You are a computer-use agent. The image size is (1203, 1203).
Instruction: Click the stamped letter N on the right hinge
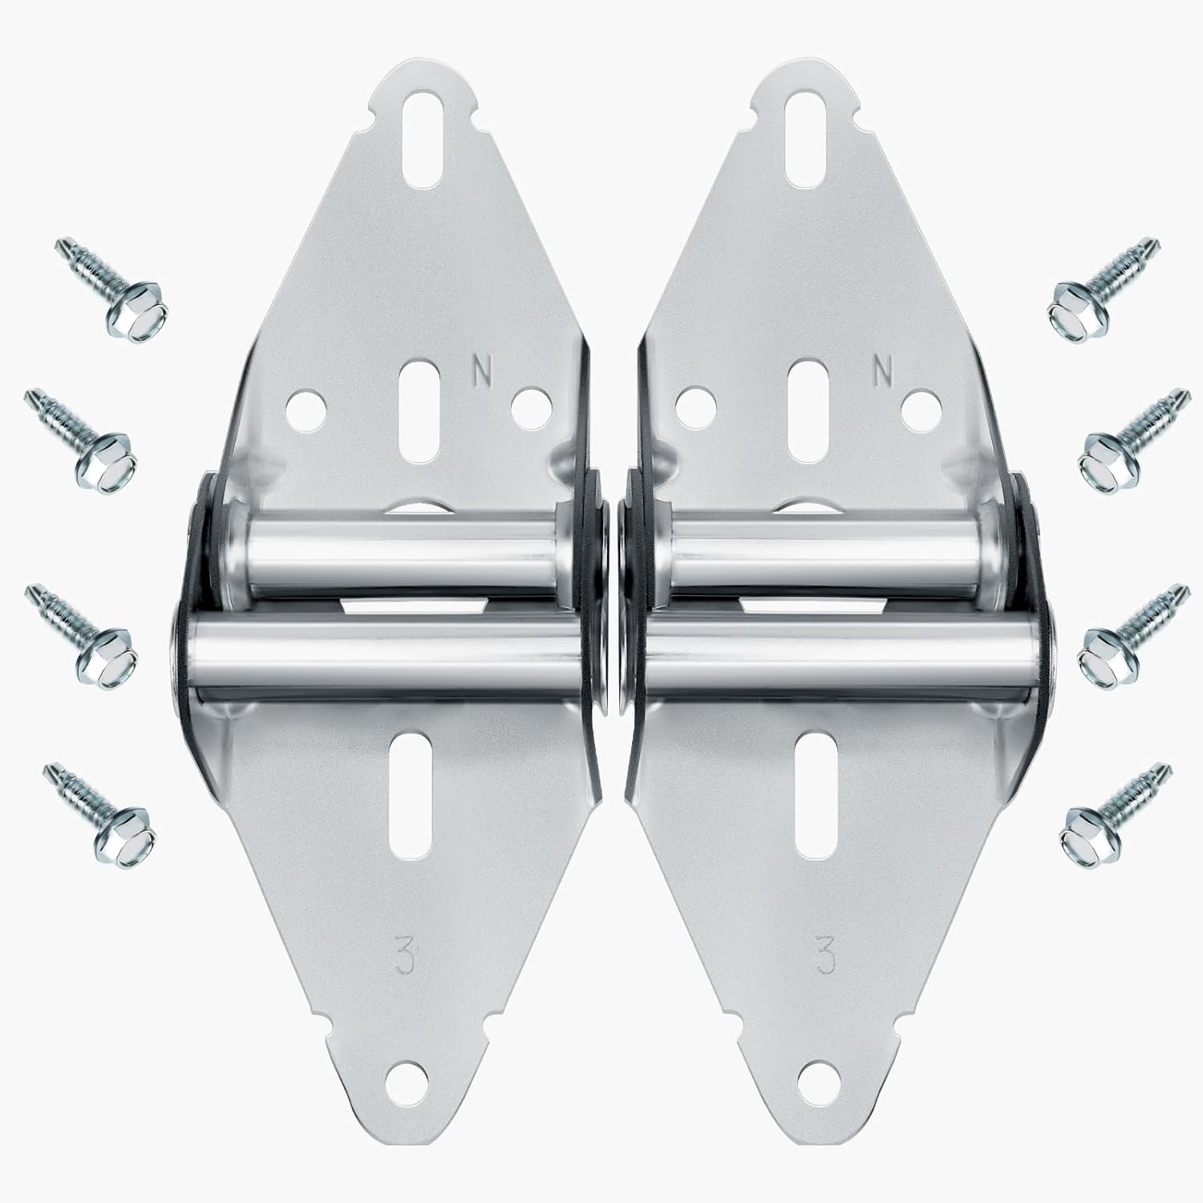click(x=884, y=370)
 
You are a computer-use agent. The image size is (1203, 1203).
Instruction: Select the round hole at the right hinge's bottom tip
click(x=820, y=1115)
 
